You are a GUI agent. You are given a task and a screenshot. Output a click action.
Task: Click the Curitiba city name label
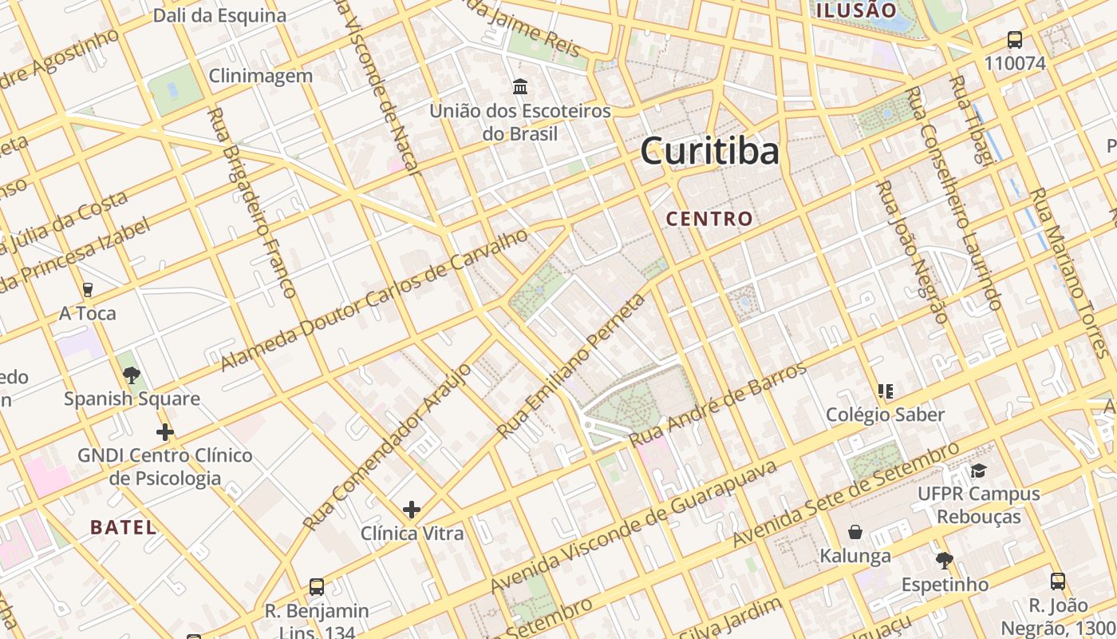[709, 151]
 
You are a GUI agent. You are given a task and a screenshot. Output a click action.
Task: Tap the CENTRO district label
[709, 218]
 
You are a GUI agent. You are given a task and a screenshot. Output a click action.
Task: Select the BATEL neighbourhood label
[123, 527]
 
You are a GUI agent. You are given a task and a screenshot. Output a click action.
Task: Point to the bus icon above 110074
[1014, 39]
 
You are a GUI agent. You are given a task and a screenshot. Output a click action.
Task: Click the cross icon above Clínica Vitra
[412, 510]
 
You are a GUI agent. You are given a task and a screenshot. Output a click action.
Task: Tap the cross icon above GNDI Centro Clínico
[165, 433]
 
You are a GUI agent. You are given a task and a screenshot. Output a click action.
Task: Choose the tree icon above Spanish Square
[132, 375]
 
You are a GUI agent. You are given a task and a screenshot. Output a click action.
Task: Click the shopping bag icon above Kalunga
[855, 532]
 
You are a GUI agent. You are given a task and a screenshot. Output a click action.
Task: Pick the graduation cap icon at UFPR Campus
[978, 470]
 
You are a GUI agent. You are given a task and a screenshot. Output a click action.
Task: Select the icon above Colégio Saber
[885, 391]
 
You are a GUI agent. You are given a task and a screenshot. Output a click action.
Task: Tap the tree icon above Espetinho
[945, 560]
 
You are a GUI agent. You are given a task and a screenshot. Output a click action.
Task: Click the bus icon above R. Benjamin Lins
[317, 587]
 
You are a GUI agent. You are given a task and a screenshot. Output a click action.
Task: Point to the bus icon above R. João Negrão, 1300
[1058, 581]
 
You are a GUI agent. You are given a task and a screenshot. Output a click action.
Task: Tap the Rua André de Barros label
[718, 406]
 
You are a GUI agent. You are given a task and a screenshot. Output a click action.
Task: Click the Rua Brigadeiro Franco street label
[251, 204]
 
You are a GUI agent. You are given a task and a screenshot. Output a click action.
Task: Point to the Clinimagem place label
[261, 76]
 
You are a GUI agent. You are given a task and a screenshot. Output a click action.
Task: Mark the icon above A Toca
[88, 289]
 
